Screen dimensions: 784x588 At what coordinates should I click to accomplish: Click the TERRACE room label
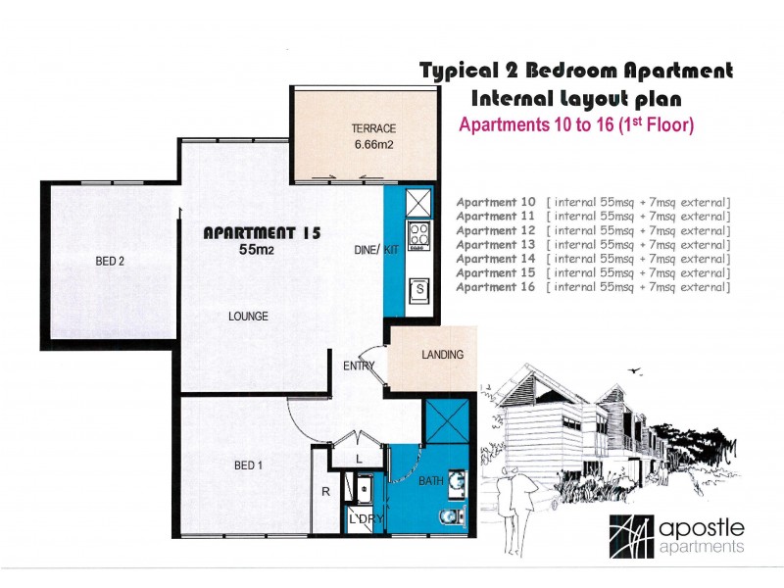(373, 128)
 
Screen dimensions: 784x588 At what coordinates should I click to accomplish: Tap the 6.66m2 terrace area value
(374, 145)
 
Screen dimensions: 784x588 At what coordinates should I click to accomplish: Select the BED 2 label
(110, 261)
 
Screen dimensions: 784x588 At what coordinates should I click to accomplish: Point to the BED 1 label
(248, 465)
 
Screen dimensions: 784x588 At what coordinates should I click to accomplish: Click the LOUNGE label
(248, 316)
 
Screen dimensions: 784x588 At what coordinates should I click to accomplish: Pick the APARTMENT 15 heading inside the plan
(262, 233)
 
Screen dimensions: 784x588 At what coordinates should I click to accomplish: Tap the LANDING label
(443, 355)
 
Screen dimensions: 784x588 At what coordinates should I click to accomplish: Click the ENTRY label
(359, 366)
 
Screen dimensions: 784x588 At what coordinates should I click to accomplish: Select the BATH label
(431, 481)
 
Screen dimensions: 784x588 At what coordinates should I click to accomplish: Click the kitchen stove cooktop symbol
(419, 236)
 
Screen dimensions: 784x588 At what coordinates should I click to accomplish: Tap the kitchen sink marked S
(419, 290)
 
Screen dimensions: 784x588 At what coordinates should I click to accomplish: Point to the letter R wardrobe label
(325, 492)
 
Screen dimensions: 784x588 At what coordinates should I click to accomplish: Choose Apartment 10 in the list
(496, 203)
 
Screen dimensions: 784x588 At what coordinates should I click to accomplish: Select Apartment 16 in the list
(496, 287)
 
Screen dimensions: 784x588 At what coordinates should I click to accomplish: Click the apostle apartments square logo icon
(631, 536)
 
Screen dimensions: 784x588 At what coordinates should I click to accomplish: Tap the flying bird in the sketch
(635, 370)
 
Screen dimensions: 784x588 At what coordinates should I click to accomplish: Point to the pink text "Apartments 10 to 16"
(536, 124)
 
